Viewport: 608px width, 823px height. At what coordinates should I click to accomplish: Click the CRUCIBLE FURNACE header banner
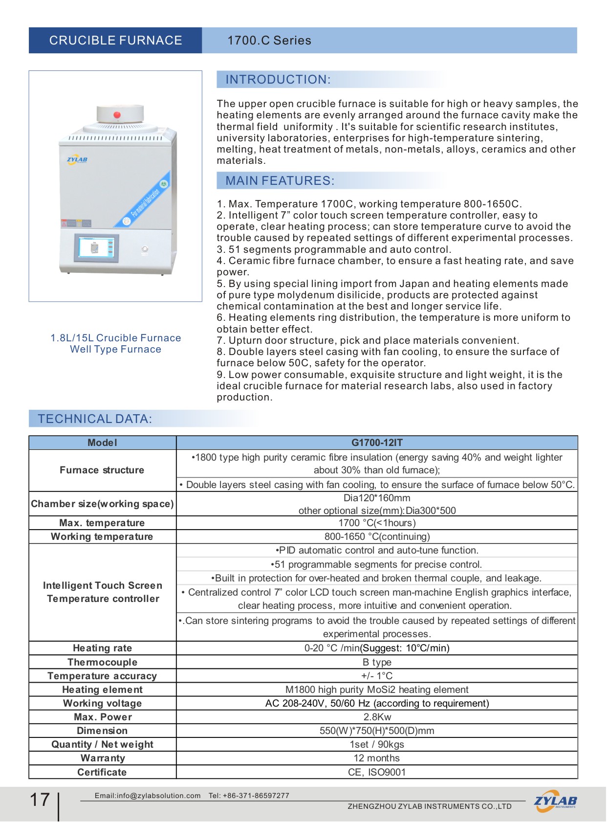coord(115,41)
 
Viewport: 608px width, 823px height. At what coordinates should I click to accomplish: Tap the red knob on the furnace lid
coord(117,115)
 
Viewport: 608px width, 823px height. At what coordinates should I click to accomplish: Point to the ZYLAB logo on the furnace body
coord(77,159)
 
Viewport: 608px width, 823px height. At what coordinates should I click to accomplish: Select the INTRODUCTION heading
coord(278,80)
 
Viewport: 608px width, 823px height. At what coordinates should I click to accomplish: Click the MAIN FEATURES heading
coord(280,181)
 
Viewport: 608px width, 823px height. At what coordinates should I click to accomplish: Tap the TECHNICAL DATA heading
coord(95,419)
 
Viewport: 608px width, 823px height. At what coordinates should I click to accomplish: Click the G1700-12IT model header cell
coord(377,443)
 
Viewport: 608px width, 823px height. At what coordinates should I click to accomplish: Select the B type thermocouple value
coord(377,663)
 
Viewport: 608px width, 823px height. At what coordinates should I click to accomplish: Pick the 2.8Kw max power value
coord(377,717)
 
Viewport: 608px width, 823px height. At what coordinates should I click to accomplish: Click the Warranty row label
coord(103,758)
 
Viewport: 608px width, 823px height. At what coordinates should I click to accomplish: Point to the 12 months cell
coord(377,758)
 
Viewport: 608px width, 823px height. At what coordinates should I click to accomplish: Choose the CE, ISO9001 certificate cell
coord(377,773)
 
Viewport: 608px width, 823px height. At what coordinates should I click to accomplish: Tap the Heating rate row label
coord(103,648)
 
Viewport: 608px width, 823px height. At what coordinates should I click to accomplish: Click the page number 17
coord(40,800)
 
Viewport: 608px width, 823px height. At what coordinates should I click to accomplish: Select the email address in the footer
coord(148,796)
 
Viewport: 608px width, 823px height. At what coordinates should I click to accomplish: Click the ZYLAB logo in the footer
coord(555,801)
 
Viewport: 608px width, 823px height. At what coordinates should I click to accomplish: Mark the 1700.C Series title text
coord(269,41)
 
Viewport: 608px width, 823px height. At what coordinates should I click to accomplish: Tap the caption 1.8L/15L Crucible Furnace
coord(116,338)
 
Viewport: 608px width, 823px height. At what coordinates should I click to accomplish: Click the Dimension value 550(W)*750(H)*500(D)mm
coord(377,731)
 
